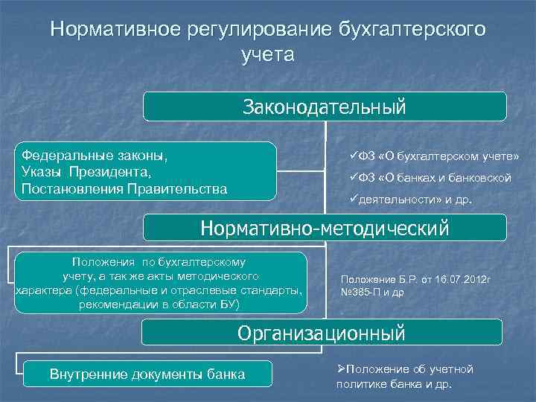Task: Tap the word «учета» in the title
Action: (268, 55)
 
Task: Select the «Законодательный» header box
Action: (325, 106)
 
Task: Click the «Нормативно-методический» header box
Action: (325, 228)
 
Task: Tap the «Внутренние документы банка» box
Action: (147, 374)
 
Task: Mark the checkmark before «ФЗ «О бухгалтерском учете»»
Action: (353, 156)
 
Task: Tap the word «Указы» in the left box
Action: (42, 172)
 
